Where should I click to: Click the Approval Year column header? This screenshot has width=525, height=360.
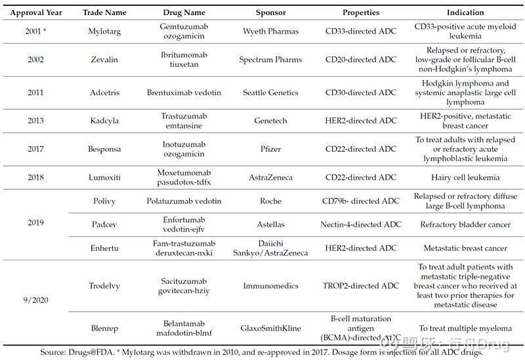[35, 12]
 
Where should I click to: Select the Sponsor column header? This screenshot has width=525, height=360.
[270, 12]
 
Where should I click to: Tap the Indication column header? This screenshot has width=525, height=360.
[465, 12]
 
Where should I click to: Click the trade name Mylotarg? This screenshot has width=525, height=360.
[105, 31]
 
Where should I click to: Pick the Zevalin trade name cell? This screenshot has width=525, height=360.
[105, 60]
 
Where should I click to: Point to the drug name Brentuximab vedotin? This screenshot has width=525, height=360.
[184, 92]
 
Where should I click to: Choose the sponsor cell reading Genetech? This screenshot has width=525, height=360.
[270, 121]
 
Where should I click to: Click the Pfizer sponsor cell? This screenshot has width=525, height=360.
[270, 149]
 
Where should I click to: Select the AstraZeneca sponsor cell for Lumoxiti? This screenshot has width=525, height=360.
[270, 177]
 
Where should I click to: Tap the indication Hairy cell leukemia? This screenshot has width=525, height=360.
[465, 177]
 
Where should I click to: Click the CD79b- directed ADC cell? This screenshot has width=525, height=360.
[361, 201]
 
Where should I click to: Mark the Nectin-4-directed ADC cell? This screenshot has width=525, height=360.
[361, 224]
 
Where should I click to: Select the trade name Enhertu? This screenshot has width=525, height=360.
[105, 248]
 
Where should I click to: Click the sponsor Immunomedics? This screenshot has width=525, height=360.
[270, 286]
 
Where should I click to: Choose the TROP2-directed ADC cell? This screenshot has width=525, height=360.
[361, 286]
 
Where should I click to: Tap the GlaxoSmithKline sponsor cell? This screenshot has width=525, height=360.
[270, 329]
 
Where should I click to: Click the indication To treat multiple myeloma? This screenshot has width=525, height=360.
[465, 329]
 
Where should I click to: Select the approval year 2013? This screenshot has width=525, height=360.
[35, 121]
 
